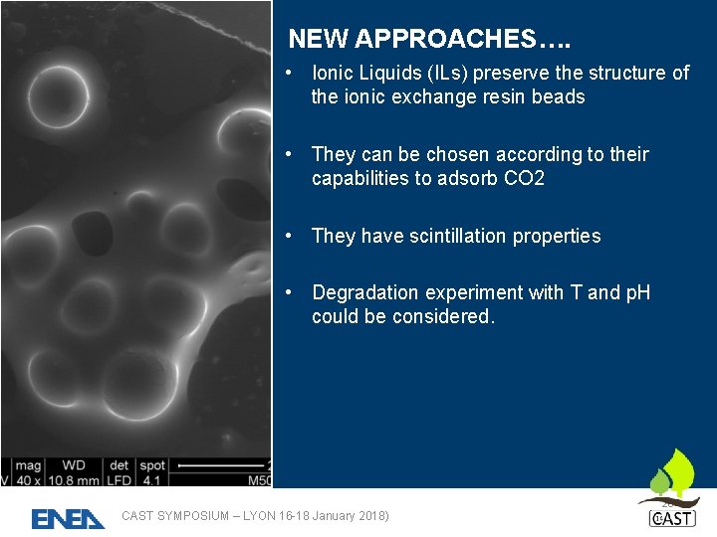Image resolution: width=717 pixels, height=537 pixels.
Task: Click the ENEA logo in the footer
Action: coord(68,518)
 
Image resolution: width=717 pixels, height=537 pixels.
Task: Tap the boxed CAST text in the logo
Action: coord(672,519)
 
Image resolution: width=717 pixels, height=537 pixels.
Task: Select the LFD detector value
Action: coord(119,479)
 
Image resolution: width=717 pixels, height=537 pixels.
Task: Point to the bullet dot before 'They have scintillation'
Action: coord(287,236)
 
